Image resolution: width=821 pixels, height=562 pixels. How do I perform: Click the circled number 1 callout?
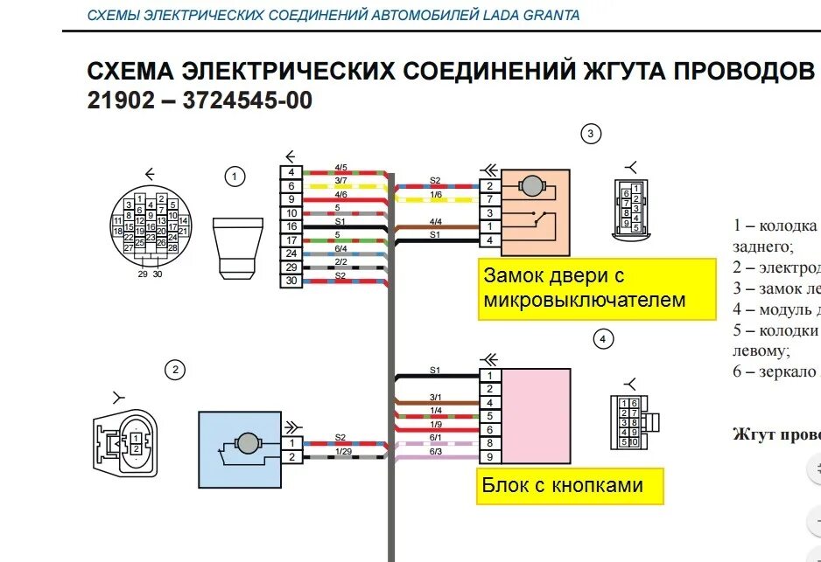pyautogui.click(x=234, y=177)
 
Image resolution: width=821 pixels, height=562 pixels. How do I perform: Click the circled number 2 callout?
pyautogui.click(x=175, y=370)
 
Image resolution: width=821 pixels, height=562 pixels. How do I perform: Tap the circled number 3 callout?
pyautogui.click(x=591, y=134)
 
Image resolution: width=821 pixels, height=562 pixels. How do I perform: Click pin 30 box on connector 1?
pyautogui.click(x=291, y=281)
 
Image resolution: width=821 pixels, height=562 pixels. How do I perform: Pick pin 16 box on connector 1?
pyautogui.click(x=291, y=226)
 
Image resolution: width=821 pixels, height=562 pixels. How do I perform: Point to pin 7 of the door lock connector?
pyautogui.click(x=489, y=199)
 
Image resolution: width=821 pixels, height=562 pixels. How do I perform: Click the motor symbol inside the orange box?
pyautogui.click(x=531, y=184)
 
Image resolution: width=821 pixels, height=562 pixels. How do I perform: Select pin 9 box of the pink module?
pyautogui.click(x=489, y=456)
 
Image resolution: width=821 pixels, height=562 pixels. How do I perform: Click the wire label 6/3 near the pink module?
pyautogui.click(x=436, y=451)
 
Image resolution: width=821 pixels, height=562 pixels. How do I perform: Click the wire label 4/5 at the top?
pyautogui.click(x=340, y=167)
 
